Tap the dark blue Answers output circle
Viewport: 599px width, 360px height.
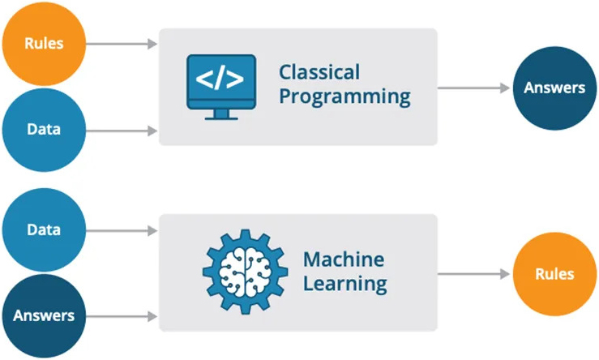coord(554,88)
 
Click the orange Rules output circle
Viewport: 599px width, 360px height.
coord(554,274)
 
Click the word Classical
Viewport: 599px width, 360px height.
coord(319,72)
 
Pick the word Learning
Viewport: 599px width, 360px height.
coord(344,285)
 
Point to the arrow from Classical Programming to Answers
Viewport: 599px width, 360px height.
coord(473,88)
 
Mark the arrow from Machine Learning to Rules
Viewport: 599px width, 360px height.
coord(473,274)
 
